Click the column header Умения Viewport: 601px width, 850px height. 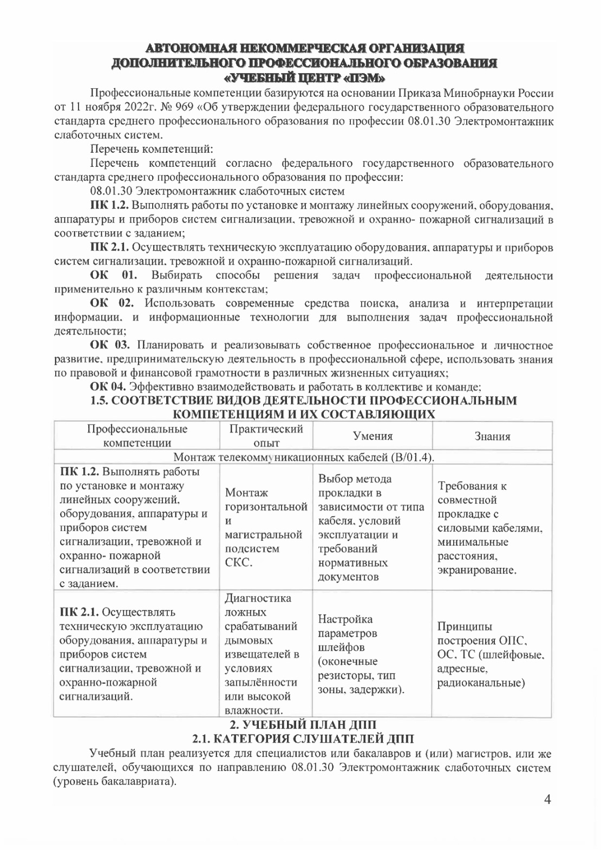pos(373,436)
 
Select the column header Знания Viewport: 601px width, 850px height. pos(492,436)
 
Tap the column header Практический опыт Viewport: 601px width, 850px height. pos(266,436)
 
